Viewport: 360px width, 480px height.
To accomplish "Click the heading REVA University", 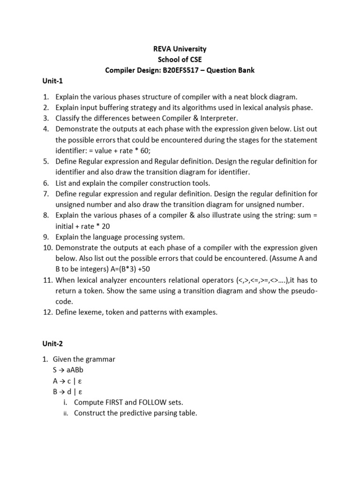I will [x=180, y=49].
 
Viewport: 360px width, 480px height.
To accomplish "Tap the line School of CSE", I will [x=180, y=60].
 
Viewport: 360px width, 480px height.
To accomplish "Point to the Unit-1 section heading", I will [x=52, y=81].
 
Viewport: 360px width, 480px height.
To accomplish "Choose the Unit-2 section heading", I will [x=52, y=344].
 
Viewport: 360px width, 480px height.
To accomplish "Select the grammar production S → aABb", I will [x=68, y=370].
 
